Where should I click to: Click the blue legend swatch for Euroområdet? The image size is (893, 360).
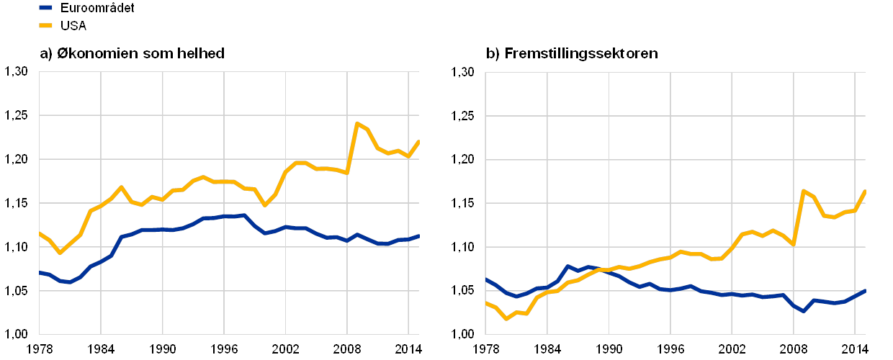45,8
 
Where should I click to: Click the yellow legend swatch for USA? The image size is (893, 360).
45,26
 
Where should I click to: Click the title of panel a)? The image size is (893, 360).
130,53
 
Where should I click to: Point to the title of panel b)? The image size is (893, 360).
573,53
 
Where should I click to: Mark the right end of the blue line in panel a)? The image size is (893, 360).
418,235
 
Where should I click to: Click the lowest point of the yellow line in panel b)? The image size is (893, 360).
506,318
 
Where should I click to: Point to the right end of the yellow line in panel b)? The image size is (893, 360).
865,190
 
